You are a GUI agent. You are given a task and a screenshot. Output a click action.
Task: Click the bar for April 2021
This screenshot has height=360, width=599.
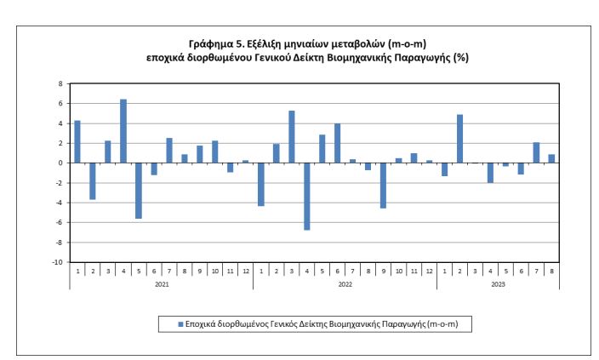[123, 131]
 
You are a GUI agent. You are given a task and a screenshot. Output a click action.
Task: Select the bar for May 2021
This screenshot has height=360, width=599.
[139, 191]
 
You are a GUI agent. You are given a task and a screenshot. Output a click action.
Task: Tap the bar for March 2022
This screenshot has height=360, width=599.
[292, 137]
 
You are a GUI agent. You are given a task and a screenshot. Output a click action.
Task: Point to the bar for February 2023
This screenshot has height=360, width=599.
[460, 139]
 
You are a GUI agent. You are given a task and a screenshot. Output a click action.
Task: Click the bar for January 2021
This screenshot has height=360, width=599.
[77, 141]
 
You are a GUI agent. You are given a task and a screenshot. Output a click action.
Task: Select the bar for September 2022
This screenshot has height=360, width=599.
[384, 185]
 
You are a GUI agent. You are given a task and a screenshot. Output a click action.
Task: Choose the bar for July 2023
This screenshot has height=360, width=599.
[537, 152]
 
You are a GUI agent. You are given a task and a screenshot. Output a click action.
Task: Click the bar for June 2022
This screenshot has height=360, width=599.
[338, 143]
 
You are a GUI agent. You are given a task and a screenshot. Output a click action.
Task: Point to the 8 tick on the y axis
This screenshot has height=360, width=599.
[60, 83]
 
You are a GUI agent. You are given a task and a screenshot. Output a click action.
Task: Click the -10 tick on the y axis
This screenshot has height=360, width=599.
[59, 262]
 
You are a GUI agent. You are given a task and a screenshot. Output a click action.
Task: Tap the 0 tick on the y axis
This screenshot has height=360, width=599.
[60, 163]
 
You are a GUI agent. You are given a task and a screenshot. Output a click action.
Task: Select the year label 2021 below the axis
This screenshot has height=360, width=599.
[162, 283]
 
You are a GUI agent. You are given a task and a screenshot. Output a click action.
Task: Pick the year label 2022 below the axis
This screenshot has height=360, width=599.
[345, 283]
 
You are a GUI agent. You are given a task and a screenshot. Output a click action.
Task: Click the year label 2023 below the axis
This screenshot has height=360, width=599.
[499, 283]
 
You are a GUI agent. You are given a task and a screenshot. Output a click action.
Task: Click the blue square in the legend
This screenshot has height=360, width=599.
[180, 324]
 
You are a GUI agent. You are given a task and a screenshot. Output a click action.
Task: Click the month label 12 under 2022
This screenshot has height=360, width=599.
[430, 271]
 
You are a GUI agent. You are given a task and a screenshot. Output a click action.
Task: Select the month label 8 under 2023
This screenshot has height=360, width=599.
[552, 271]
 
